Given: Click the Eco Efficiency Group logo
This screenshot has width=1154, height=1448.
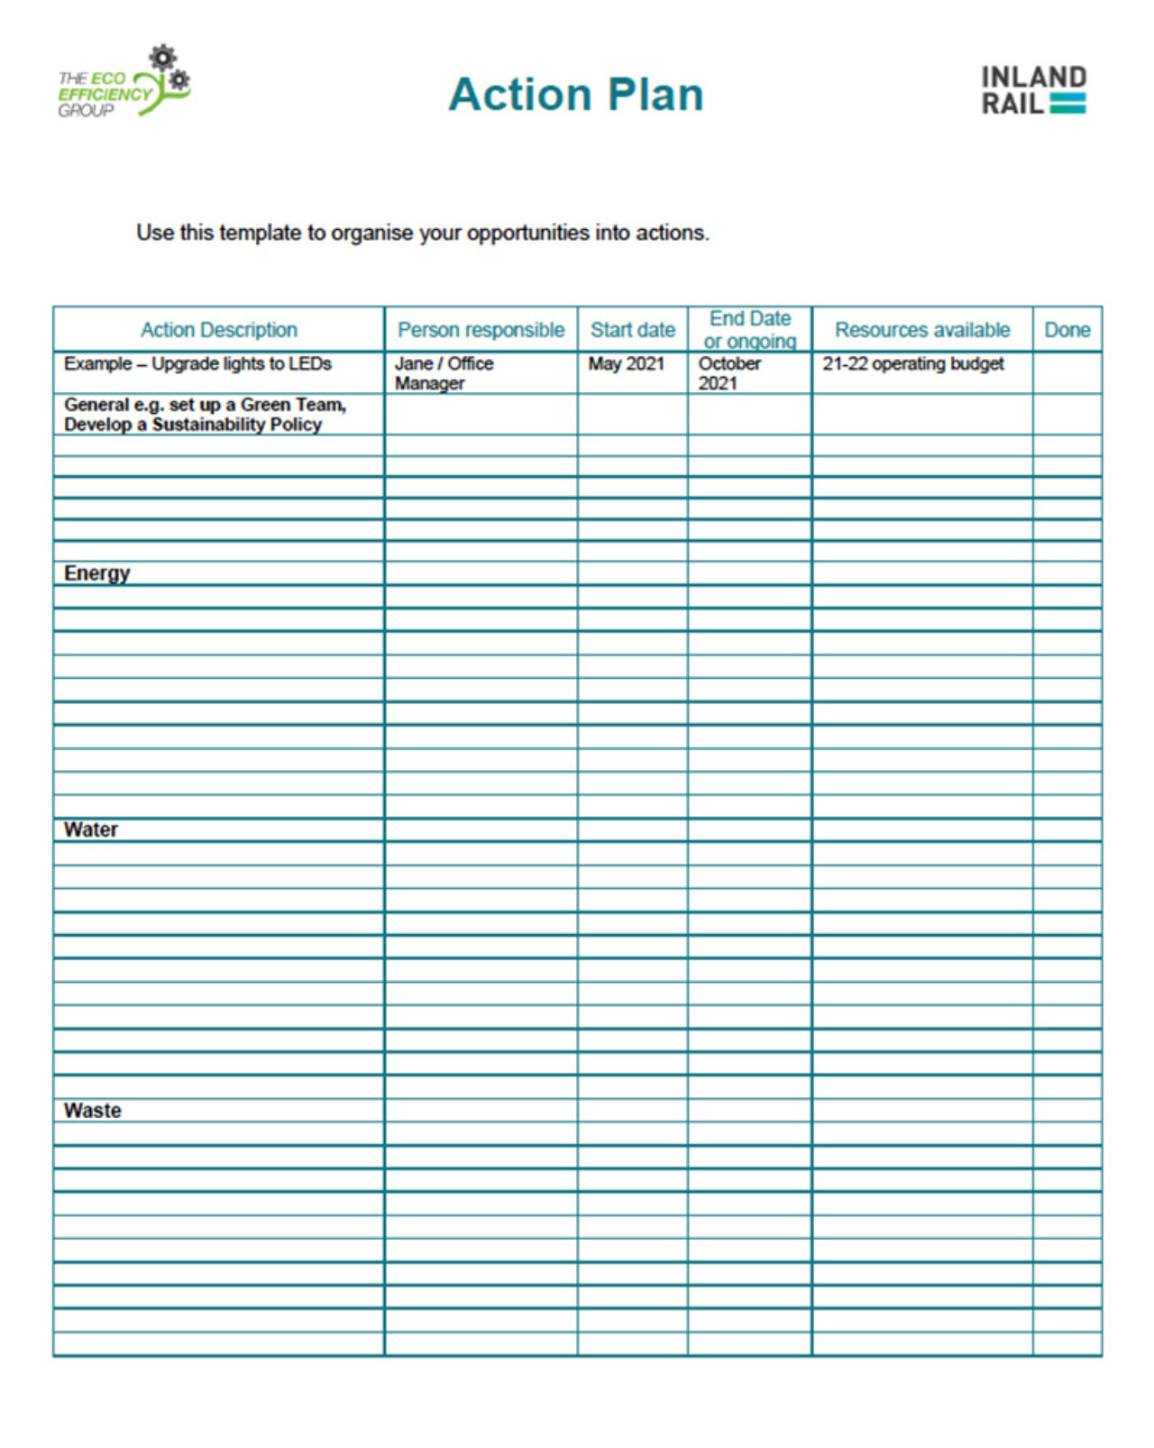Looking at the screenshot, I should [x=124, y=84].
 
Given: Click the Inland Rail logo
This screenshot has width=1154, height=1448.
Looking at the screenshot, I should [x=1033, y=90].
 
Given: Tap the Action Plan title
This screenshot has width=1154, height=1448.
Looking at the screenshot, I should [x=576, y=95].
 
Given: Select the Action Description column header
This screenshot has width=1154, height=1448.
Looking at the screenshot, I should [x=218, y=330].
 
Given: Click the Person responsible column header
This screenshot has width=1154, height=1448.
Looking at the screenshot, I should [x=481, y=330].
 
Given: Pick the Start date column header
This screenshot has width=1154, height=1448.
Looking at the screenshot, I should [x=632, y=330].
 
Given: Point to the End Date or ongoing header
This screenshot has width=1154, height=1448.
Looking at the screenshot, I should [x=749, y=330].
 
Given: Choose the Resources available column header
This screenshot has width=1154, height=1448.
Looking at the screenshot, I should [x=921, y=330].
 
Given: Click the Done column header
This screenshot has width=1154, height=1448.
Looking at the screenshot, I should [x=1067, y=330].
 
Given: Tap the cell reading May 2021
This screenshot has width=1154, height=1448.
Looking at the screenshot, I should [x=626, y=364].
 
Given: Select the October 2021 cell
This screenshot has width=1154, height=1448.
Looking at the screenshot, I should [x=729, y=373].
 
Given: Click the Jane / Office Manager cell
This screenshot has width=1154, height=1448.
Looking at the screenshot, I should [x=444, y=373].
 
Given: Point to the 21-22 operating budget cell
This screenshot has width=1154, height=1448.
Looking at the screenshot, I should [x=912, y=364].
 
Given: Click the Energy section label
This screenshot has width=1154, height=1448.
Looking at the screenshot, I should [x=96, y=573].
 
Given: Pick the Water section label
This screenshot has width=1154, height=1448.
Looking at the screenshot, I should [x=90, y=829].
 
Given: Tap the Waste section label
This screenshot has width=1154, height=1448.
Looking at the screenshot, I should [x=92, y=1111].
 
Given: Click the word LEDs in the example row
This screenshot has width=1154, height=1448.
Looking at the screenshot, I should [x=309, y=364].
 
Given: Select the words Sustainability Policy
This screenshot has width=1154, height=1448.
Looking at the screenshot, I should [x=236, y=425].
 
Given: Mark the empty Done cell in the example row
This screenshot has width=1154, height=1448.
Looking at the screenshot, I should [x=1067, y=373].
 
